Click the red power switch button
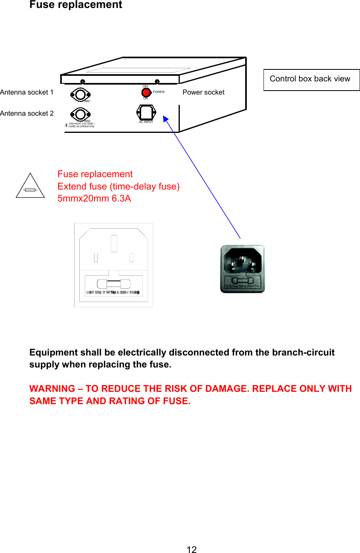coord(146,93)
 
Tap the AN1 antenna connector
coord(80,95)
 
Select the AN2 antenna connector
coord(80,115)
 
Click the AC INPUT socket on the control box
coord(146,113)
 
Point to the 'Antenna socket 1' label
coord(27,93)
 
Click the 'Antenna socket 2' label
coord(27,114)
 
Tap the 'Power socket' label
coord(203,93)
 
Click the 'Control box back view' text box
coord(310,79)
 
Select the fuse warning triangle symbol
coord(30,186)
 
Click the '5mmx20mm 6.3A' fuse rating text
coord(94,199)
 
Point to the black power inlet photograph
coord(242,269)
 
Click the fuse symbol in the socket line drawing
coord(114,284)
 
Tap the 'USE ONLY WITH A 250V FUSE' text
coord(113,292)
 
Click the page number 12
coord(191,549)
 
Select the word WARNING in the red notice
coord(52,389)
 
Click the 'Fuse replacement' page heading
coord(76,5)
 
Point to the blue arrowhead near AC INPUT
coord(165,119)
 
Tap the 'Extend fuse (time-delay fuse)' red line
coord(118,187)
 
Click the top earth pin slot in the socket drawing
coord(114,243)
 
